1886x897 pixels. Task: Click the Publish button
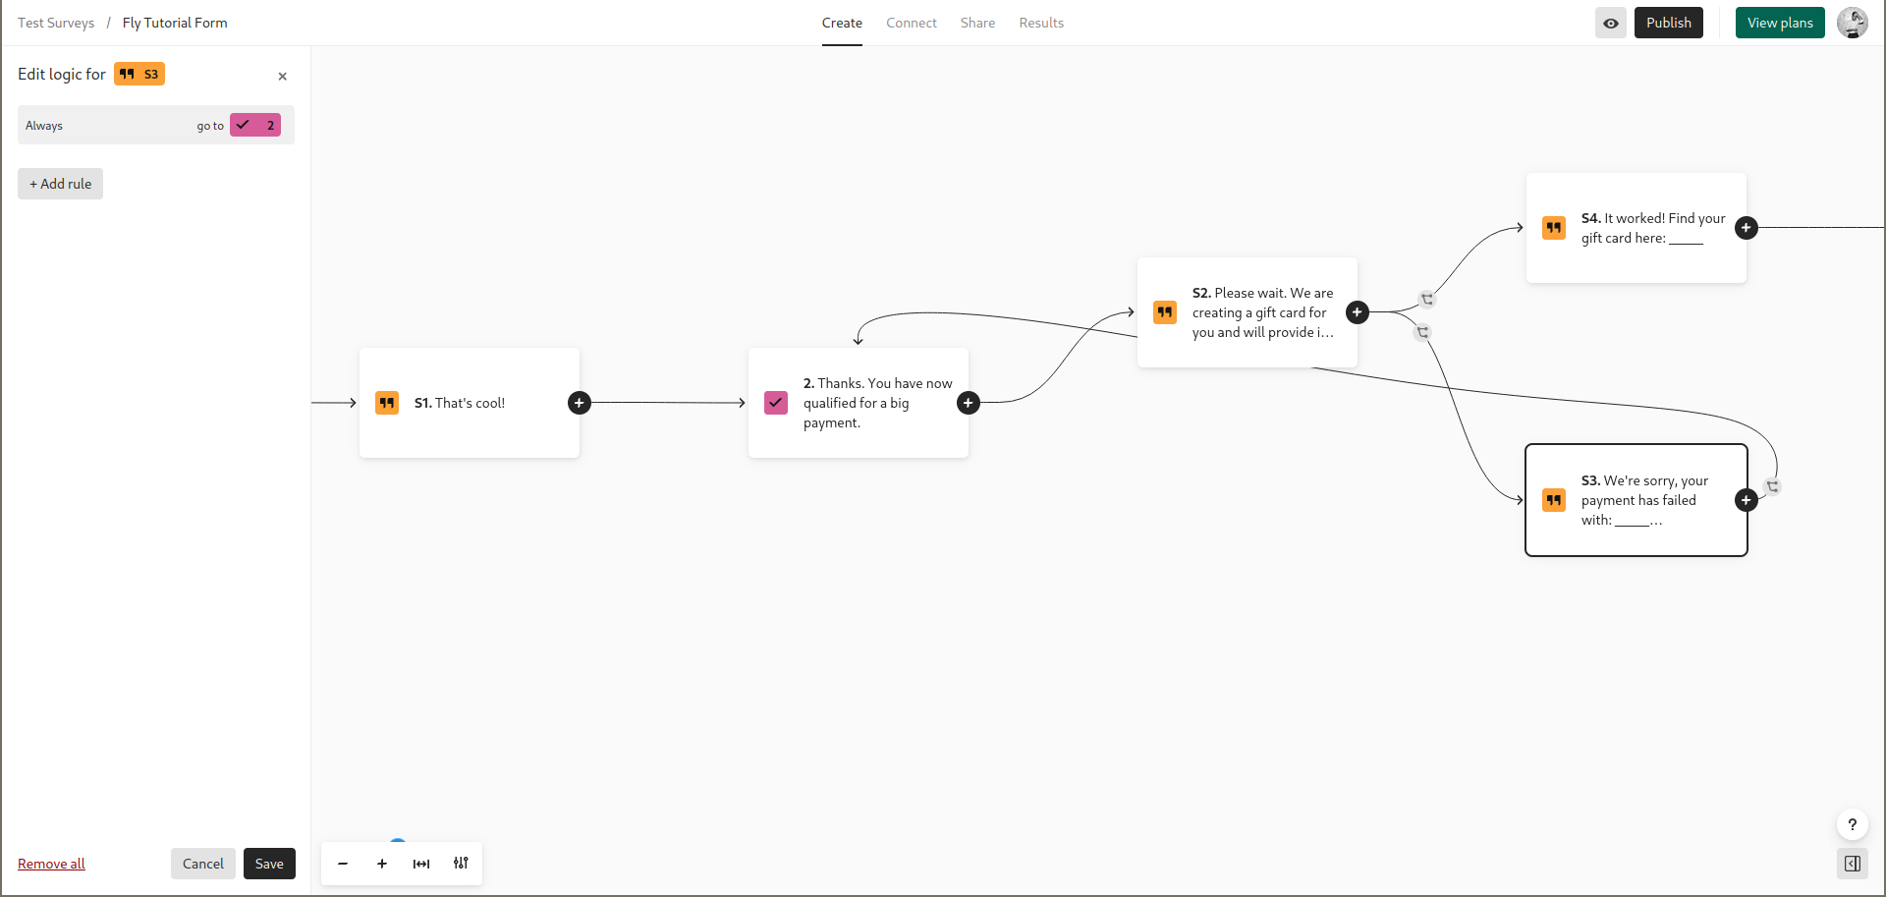(1668, 23)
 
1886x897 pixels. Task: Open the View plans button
(1780, 23)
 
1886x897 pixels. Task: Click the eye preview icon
(1611, 23)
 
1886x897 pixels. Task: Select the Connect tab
(912, 23)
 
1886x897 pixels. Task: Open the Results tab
(1041, 23)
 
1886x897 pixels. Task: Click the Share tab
(977, 23)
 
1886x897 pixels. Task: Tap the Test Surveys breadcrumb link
(56, 23)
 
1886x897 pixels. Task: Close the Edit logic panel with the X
(283, 76)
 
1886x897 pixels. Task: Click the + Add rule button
(60, 184)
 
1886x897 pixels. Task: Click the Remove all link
(51, 864)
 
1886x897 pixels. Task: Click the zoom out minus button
(343, 864)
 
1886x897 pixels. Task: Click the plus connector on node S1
(580, 403)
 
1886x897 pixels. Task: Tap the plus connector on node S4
(1747, 228)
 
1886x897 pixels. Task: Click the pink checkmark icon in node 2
(776, 403)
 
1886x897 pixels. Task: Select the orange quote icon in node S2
(1165, 312)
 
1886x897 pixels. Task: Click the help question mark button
(1853, 824)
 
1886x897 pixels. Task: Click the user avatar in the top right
(1853, 23)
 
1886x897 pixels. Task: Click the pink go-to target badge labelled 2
(255, 125)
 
